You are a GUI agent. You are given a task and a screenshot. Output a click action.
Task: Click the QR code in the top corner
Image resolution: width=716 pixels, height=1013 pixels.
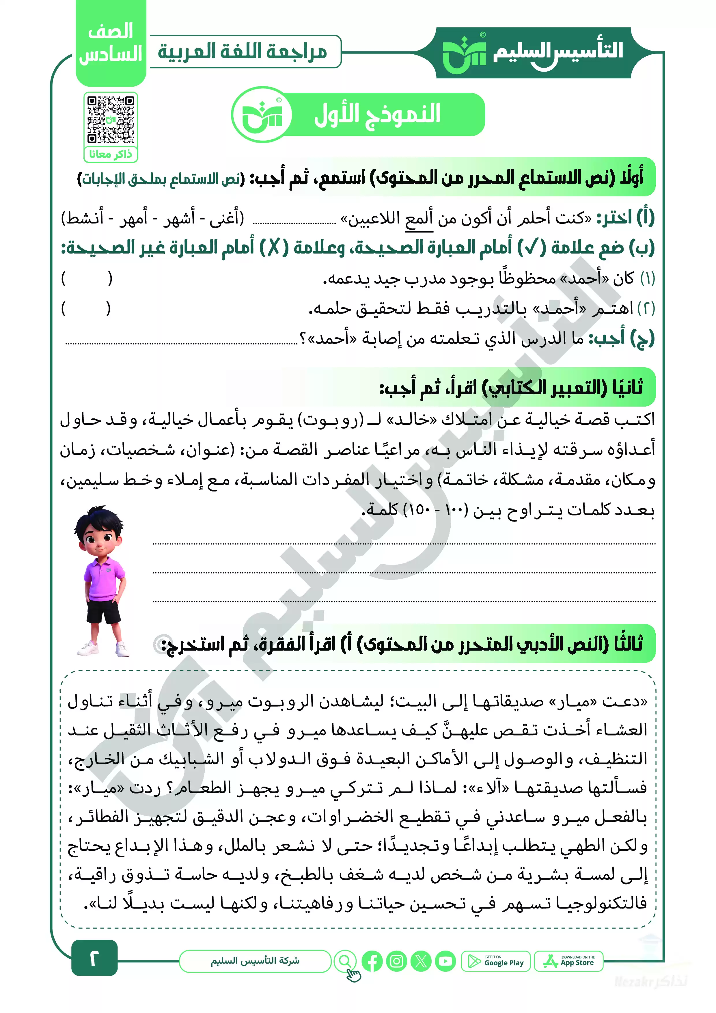(111, 120)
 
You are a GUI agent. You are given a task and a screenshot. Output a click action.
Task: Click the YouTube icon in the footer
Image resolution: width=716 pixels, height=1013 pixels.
(445, 961)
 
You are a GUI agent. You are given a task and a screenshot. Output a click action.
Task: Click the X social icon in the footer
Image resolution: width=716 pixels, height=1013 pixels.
(421, 961)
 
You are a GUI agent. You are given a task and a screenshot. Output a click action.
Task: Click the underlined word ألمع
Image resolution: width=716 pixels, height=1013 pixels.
(419, 218)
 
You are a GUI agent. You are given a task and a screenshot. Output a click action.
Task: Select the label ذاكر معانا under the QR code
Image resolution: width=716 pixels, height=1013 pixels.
(111, 154)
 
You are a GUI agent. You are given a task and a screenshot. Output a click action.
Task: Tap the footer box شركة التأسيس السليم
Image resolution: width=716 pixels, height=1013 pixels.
(255, 961)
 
